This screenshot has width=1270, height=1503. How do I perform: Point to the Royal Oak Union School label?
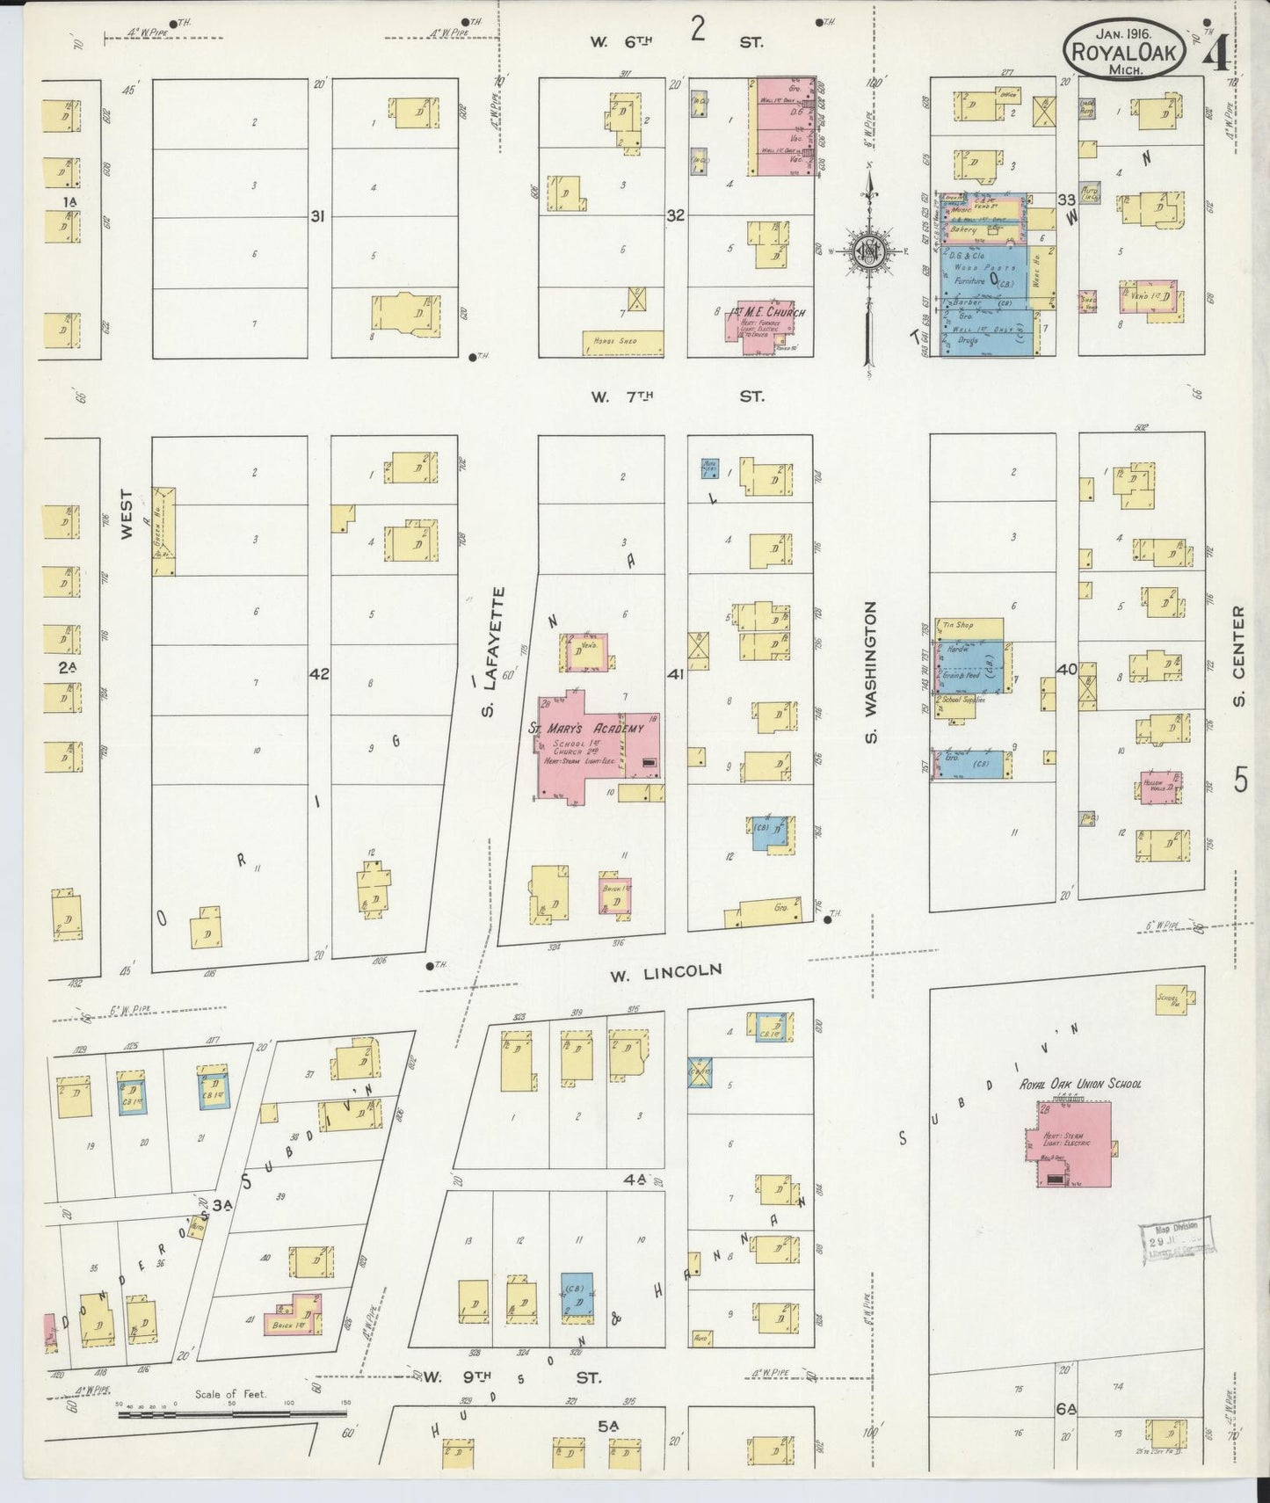pyautogui.click(x=1080, y=1084)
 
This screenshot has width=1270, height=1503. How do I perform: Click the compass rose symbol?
pyautogui.click(x=869, y=251)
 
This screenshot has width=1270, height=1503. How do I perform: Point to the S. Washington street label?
pyautogui.click(x=871, y=672)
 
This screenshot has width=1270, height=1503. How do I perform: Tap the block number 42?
pyautogui.click(x=319, y=674)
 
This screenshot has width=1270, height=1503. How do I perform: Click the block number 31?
pyautogui.click(x=317, y=215)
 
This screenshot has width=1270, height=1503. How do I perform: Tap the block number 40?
pyautogui.click(x=1067, y=669)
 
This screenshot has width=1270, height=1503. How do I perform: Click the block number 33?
pyautogui.click(x=1067, y=200)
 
